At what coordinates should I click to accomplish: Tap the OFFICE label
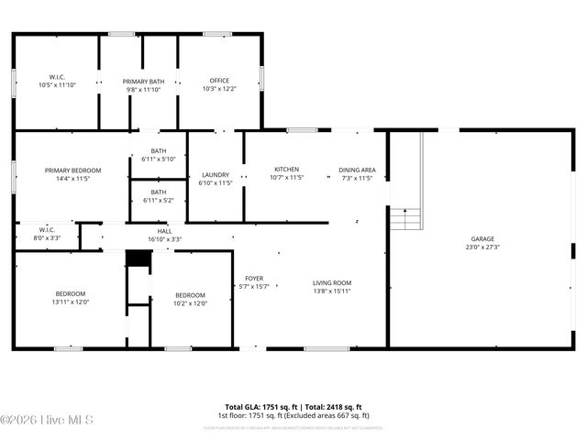click(x=219, y=81)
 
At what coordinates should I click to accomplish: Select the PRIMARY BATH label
click(x=144, y=82)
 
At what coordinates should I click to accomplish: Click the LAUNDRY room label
click(x=216, y=175)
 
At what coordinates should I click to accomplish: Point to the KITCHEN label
click(x=287, y=170)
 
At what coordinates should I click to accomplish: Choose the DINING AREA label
click(x=357, y=170)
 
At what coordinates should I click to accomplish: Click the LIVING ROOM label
click(x=332, y=283)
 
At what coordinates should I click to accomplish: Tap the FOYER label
click(x=254, y=279)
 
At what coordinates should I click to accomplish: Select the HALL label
click(x=164, y=231)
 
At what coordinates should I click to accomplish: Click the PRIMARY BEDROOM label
click(x=73, y=170)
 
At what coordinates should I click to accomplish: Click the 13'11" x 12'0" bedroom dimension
click(x=70, y=302)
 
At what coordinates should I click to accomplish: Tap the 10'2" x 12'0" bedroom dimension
click(x=191, y=303)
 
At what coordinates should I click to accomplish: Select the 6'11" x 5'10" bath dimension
click(x=159, y=159)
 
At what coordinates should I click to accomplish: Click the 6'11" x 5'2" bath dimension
click(x=159, y=200)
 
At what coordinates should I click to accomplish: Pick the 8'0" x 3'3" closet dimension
click(x=48, y=238)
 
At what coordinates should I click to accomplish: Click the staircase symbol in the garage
click(x=405, y=219)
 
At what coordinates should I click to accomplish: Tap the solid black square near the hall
click(x=138, y=259)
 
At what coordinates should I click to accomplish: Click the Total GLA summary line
click(x=293, y=406)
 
